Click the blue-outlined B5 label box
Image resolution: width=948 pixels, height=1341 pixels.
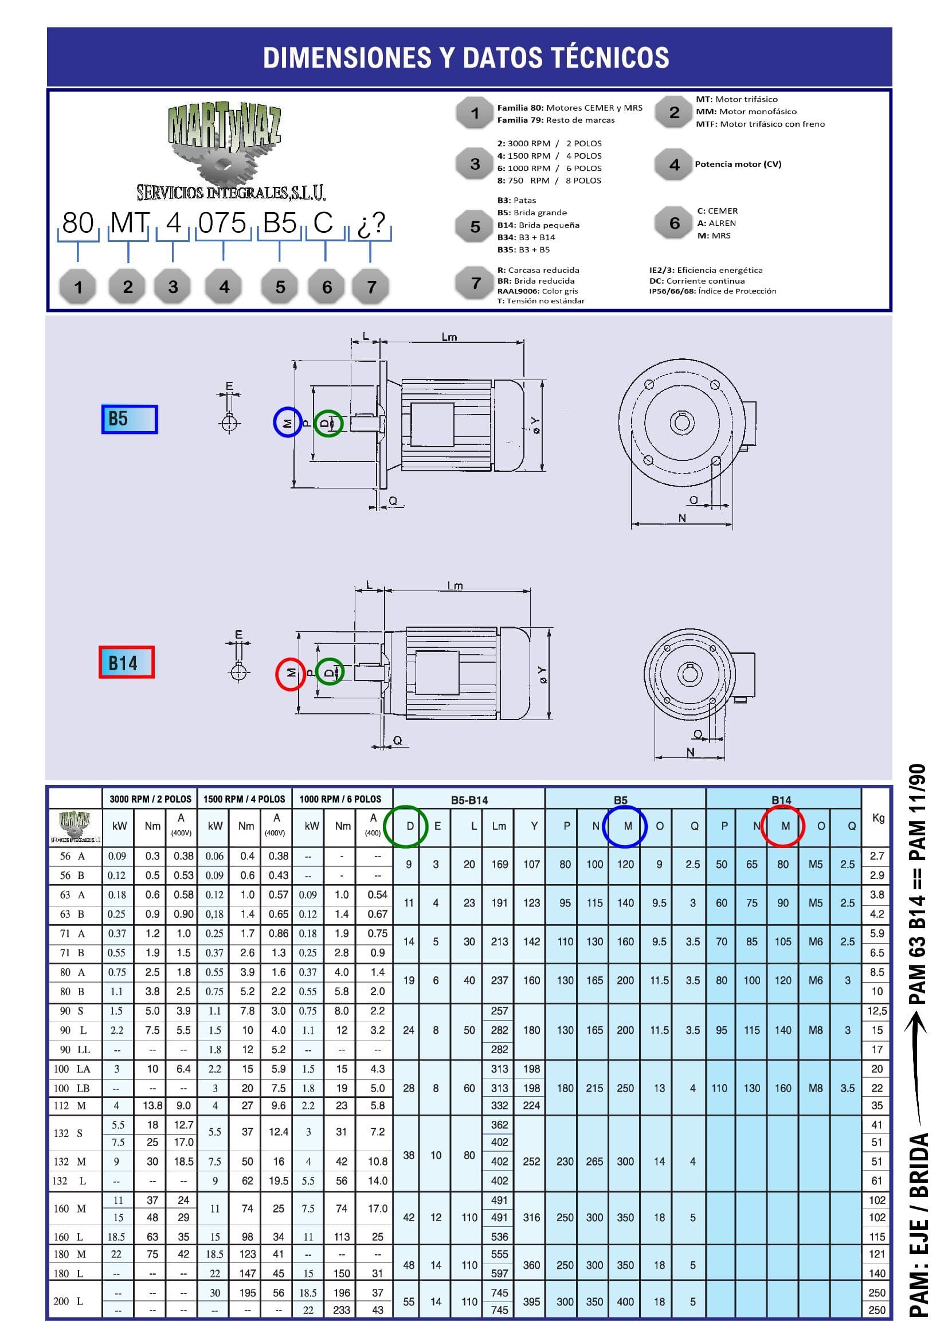pyautogui.click(x=129, y=419)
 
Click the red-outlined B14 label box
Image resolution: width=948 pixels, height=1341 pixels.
pyautogui.click(x=127, y=662)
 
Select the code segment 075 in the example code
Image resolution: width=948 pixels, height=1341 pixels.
pyautogui.click(x=222, y=222)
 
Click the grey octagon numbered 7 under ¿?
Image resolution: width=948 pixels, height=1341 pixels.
pyautogui.click(x=371, y=286)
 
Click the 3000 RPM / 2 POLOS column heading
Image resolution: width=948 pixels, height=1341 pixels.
pyautogui.click(x=150, y=799)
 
